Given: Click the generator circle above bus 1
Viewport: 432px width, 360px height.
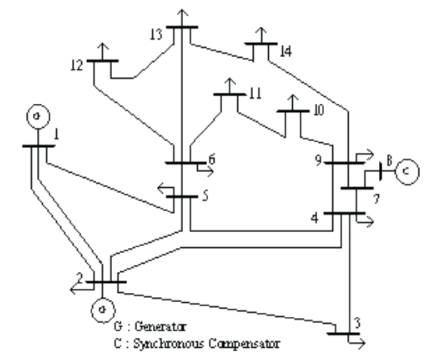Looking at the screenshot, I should [36, 115].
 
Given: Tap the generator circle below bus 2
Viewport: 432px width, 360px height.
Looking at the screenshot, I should [100, 308].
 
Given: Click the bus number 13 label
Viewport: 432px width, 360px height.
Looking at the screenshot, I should [155, 33].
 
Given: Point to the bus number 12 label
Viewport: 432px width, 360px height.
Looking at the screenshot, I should [76, 66].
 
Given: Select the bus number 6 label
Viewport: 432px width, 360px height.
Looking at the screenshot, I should [211, 158].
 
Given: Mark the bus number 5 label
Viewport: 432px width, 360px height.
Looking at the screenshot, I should [205, 196].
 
